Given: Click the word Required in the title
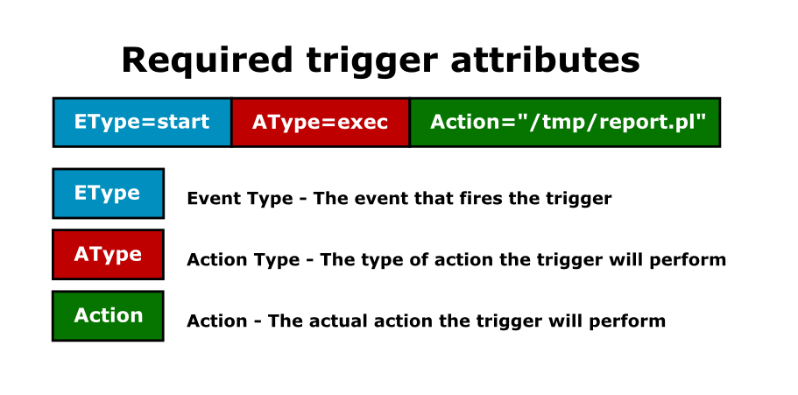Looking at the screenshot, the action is [207, 60].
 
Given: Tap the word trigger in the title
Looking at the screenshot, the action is [371, 62].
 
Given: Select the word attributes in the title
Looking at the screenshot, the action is [545, 60].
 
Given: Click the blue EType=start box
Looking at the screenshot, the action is [142, 122].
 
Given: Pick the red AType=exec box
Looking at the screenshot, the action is [321, 122].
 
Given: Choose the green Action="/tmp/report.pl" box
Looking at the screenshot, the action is [565, 122].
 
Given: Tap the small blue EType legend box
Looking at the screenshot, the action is [108, 194].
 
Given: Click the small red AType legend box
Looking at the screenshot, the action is [108, 255].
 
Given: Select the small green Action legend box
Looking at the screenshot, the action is [108, 315].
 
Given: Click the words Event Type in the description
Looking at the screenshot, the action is [240, 199].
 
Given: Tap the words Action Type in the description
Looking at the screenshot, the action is [244, 260].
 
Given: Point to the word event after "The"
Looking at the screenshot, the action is [378, 199].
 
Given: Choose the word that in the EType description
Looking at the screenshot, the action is [429, 198].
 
